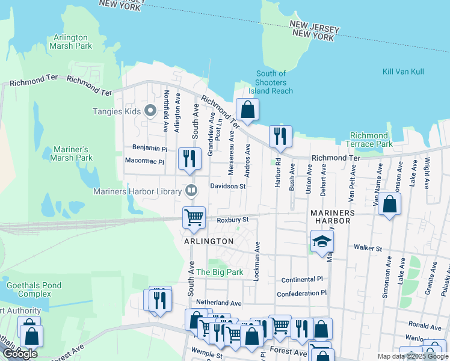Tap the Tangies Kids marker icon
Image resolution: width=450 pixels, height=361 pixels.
tap(150, 111)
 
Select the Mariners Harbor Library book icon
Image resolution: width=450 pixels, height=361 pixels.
tap(191, 191)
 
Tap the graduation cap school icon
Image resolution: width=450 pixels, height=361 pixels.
tap(322, 241)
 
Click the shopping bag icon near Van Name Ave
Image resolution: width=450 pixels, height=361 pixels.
tap(390, 204)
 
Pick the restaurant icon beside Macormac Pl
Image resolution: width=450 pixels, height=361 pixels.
tap(190, 158)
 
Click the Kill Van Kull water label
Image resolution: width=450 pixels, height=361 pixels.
tap(403, 72)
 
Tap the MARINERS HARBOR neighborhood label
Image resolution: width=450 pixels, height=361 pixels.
tap(341, 217)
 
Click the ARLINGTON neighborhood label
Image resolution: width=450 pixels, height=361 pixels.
tap(209, 241)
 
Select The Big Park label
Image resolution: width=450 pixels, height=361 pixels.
tap(220, 272)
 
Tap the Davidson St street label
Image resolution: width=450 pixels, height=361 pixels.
tap(227, 187)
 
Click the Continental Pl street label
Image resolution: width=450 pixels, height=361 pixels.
tap(302, 280)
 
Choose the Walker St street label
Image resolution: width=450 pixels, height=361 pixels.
tap(368, 248)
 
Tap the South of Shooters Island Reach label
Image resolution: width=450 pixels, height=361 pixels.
tap(271, 82)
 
